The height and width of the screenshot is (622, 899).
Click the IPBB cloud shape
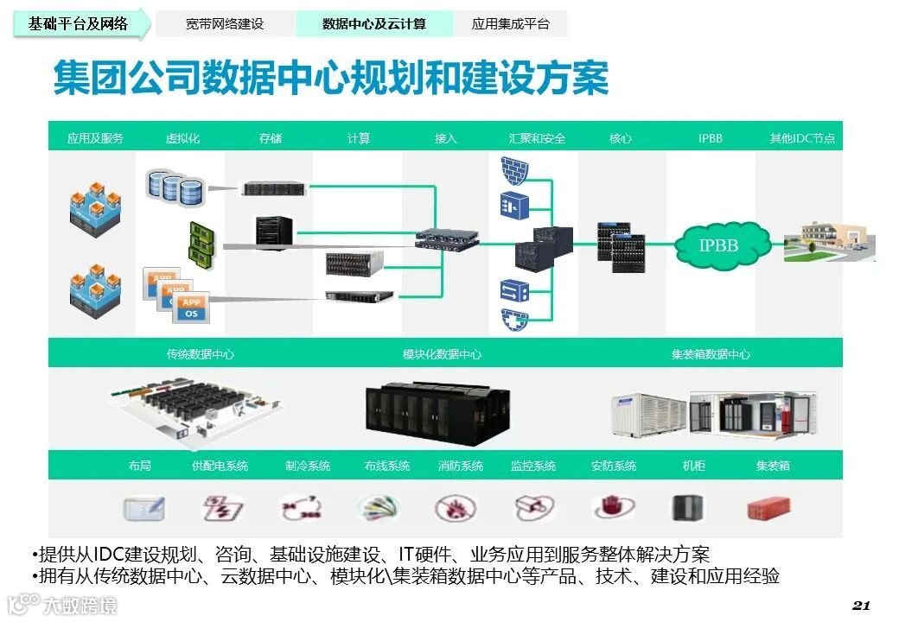pos(719,244)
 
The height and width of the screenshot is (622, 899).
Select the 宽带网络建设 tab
pos(225,24)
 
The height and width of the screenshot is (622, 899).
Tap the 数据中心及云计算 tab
pos(374,24)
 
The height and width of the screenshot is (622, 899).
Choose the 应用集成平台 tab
pos(510,24)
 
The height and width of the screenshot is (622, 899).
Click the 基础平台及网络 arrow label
pos(80,23)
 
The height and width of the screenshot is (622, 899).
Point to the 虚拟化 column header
pos(182,138)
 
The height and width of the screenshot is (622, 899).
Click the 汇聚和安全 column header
pos(537,138)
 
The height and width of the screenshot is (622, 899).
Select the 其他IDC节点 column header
pos(802,138)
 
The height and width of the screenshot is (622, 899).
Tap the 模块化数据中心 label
pos(442,354)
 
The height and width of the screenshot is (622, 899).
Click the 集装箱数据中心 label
pos(711,354)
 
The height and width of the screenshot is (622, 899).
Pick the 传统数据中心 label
pos(200,354)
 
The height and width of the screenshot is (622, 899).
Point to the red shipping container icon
pos(769,508)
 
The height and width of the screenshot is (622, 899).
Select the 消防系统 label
pos(461,466)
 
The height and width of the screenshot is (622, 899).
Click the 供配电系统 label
pos(220,466)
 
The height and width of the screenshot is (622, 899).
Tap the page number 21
pos(860,605)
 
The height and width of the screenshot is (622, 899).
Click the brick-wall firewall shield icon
pos(514,170)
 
